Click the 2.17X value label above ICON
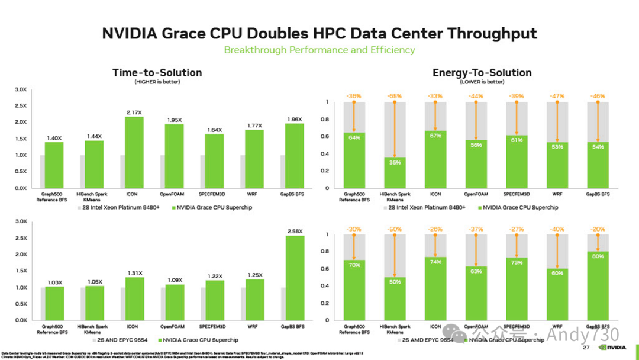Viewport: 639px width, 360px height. (x=134, y=112)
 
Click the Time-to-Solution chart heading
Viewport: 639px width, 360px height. (x=157, y=73)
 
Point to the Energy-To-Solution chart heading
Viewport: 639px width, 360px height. (x=482, y=73)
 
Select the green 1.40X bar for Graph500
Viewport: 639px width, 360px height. (x=54, y=165)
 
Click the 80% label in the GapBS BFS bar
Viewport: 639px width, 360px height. (x=598, y=256)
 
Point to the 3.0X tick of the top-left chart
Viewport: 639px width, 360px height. (x=21, y=89)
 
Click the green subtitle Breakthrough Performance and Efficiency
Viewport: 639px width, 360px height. (x=319, y=50)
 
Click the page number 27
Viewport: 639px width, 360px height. (x=586, y=348)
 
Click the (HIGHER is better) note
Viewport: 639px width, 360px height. (x=157, y=82)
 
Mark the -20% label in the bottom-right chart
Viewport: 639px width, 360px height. (x=598, y=229)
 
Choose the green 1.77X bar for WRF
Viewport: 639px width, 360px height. (x=255, y=159)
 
